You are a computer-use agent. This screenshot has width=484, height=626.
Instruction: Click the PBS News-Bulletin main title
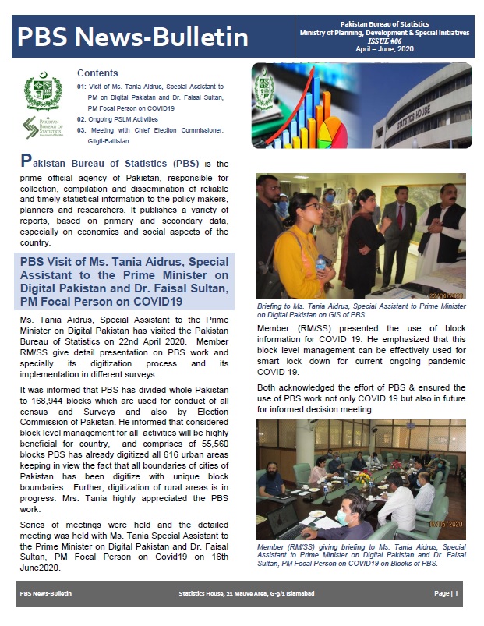coord(133,37)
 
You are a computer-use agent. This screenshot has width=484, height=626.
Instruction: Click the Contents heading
coord(97,73)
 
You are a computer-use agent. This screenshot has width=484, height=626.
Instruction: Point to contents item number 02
coord(82,119)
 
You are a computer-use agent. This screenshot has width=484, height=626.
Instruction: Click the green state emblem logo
coord(38,91)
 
